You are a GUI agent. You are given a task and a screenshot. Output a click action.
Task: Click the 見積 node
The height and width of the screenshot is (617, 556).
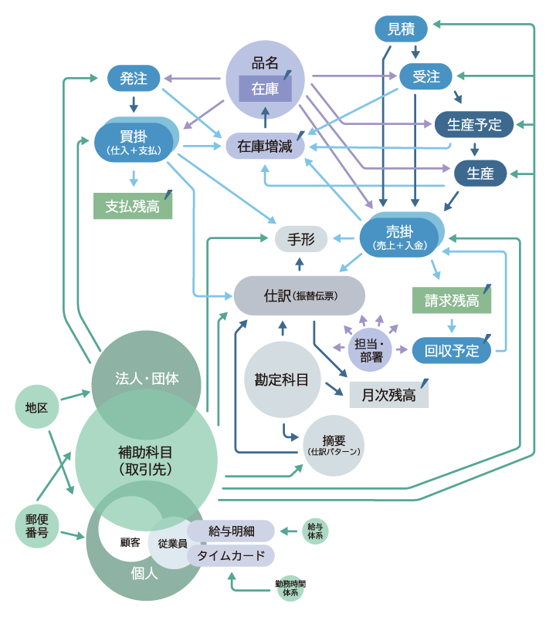pyautogui.click(x=401, y=29)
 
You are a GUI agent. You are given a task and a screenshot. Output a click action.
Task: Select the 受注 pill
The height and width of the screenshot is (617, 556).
pyautogui.click(x=425, y=76)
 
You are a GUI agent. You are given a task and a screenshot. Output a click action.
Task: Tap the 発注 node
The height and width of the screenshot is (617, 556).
pyautogui.click(x=134, y=77)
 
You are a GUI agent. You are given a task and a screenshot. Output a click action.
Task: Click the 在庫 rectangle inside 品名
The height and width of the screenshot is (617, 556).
pyautogui.click(x=265, y=89)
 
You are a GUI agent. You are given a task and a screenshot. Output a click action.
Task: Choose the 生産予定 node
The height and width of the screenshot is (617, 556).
pyautogui.click(x=474, y=124)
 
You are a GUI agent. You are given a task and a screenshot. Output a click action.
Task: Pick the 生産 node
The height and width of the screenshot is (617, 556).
pyautogui.click(x=480, y=174)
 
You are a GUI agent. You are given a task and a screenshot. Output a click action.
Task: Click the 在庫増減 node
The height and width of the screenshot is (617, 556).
pyautogui.click(x=265, y=146)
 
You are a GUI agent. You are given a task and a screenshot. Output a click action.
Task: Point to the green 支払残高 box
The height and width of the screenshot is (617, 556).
pyautogui.click(x=133, y=206)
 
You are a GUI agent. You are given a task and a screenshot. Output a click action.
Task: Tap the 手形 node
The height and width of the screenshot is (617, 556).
pyautogui.click(x=301, y=239)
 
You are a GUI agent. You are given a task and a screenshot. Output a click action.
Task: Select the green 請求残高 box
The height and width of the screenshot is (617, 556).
pyautogui.click(x=452, y=301)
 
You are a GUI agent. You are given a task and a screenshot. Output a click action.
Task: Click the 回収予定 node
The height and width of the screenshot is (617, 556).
pyautogui.click(x=452, y=351)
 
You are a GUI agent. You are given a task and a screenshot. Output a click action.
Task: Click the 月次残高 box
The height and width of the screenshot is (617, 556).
pyautogui.click(x=388, y=395)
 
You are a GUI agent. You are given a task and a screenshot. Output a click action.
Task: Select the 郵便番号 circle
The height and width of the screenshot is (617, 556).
pyautogui.click(x=36, y=527)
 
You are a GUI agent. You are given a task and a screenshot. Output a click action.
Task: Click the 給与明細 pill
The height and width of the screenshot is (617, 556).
pyautogui.click(x=231, y=531)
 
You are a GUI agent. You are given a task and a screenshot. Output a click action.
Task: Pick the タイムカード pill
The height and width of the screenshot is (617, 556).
pyautogui.click(x=231, y=555)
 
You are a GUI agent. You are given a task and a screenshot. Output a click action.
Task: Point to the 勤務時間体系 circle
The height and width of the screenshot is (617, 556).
pyautogui.click(x=290, y=588)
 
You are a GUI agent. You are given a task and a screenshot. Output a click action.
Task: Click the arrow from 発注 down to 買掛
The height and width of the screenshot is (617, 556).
pyautogui.click(x=134, y=103)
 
